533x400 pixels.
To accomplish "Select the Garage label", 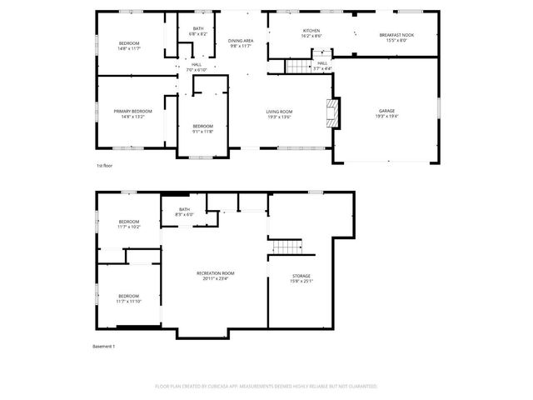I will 386,113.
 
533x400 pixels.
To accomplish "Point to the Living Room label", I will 279,113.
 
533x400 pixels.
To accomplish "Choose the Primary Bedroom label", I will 133,113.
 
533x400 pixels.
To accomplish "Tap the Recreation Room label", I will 215,276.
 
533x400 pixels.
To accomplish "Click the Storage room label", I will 301,278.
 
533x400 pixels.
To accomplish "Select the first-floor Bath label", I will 198,32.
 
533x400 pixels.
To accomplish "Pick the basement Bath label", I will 184,212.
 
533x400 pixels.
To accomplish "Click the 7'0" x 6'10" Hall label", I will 197,67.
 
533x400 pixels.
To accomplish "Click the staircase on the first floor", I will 298,65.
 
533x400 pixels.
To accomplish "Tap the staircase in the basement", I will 287,246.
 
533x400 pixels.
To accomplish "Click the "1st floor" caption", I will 104,166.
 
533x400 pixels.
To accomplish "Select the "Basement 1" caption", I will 103,346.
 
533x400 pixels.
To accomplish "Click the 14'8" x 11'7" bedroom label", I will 129,46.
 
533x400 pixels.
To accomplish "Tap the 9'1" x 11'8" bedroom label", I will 203,128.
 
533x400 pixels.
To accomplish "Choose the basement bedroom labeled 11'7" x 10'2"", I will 128,223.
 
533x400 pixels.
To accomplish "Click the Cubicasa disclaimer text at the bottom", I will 266,387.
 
